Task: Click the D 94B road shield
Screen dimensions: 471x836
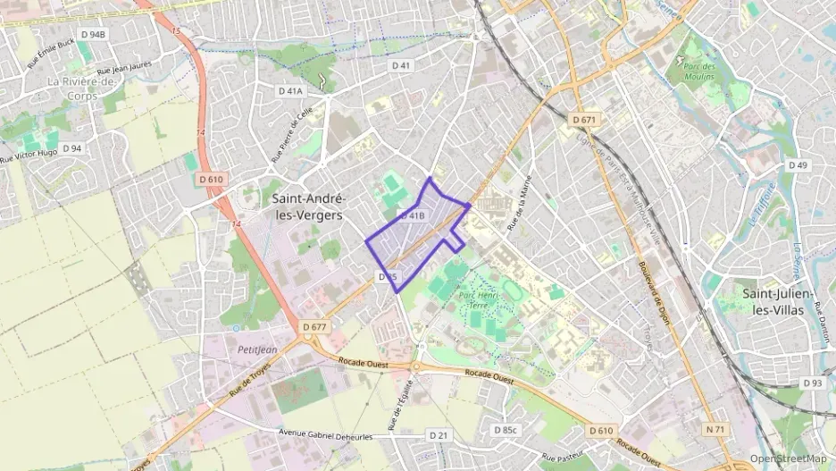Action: [x=92, y=34]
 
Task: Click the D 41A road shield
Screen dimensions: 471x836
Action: [x=291, y=90]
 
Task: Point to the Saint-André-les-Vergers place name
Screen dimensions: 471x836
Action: [x=309, y=206]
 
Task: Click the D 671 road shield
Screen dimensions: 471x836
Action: [x=585, y=120]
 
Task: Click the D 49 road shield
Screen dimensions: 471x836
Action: [x=798, y=165]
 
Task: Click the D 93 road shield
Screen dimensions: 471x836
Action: [x=812, y=383]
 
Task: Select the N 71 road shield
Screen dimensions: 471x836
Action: [x=716, y=429]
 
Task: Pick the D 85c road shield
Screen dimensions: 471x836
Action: [x=506, y=430]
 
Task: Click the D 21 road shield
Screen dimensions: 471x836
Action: [x=437, y=434]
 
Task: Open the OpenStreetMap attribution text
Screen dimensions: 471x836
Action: [x=788, y=458]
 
